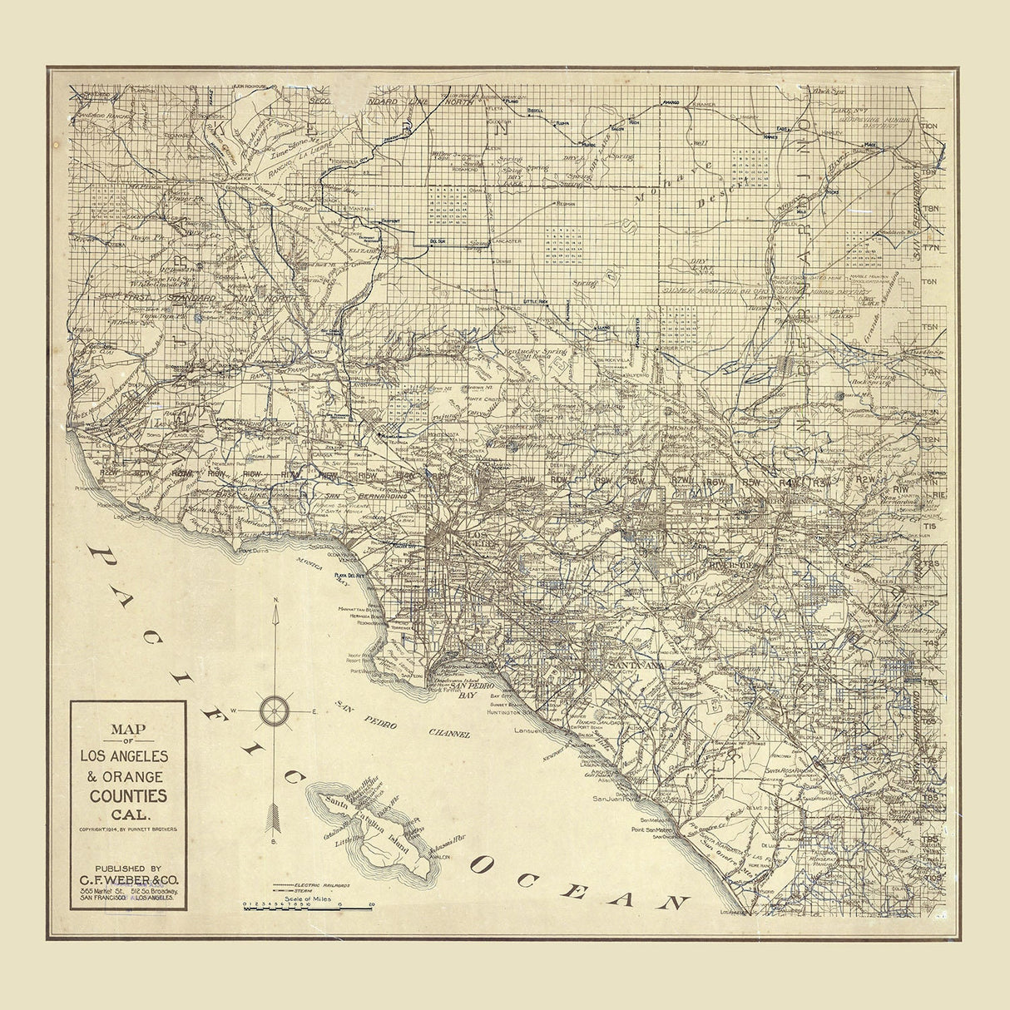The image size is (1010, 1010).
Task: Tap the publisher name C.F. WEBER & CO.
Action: (128, 879)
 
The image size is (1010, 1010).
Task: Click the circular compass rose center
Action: (275, 710)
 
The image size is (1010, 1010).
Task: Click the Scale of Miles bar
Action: (309, 906)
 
